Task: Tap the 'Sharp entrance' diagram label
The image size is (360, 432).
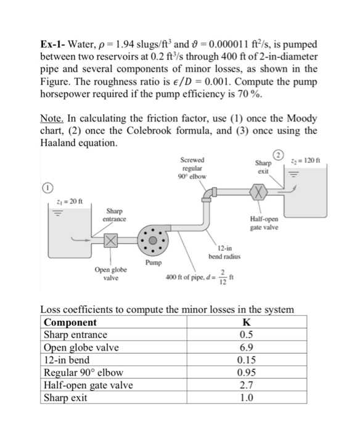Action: pos(116,215)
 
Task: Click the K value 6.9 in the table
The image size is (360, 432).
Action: pos(247,347)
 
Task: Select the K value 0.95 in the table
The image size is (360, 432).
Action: pos(247,372)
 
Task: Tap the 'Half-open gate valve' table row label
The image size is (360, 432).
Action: pos(88,384)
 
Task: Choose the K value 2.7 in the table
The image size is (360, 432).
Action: pos(247,384)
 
